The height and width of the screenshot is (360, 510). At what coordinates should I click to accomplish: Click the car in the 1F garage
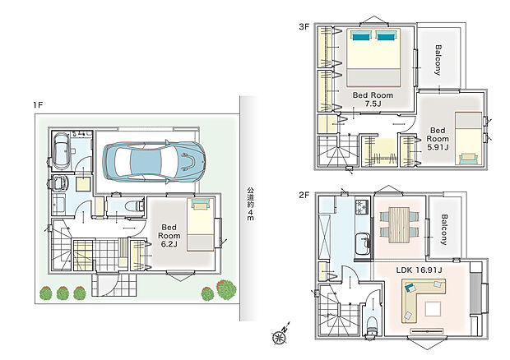tap(154, 161)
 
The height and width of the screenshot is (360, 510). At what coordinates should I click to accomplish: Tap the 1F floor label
tap(38, 105)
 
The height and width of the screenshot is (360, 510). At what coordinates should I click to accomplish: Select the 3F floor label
tap(304, 26)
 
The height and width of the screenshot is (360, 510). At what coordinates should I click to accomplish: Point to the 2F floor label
tap(304, 195)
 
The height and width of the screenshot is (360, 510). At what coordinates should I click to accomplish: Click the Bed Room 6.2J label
tap(169, 236)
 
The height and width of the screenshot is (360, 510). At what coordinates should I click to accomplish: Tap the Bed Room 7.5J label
tap(373, 99)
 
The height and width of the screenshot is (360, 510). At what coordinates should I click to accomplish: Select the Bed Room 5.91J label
tap(438, 139)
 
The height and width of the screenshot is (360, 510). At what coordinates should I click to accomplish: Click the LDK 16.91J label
tap(419, 270)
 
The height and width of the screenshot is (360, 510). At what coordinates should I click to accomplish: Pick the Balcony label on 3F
tap(438, 60)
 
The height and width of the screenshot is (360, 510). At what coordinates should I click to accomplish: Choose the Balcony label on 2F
tap(444, 229)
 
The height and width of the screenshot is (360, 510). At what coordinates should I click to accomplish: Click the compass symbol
tap(280, 335)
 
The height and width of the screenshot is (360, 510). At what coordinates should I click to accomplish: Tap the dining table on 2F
tap(399, 224)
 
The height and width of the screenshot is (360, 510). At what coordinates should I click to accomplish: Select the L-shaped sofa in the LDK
tap(423, 300)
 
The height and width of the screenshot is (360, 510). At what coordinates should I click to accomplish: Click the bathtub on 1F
tap(61, 151)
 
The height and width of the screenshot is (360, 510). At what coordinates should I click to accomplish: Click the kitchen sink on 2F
tap(362, 244)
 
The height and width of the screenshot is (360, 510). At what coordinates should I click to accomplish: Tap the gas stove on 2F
tap(362, 206)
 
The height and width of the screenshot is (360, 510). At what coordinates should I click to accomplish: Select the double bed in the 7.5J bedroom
tap(373, 58)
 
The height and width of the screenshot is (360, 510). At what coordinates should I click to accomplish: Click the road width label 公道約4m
tap(250, 204)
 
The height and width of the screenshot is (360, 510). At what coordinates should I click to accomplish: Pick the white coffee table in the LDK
tap(433, 309)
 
